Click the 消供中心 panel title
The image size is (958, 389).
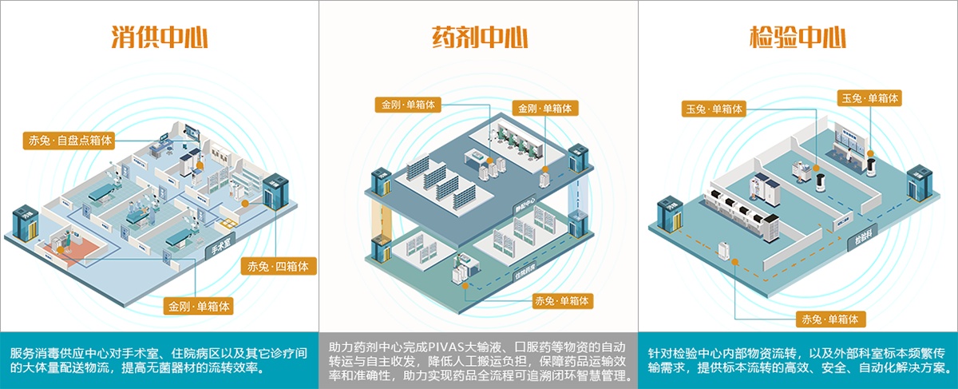[160, 38]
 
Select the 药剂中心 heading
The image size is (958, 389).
[478, 38]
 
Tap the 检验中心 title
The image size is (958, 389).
[798, 38]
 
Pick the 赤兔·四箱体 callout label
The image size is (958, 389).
[279, 266]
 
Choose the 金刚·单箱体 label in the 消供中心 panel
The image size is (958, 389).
[199, 305]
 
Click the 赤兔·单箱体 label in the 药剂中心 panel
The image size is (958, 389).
[562, 301]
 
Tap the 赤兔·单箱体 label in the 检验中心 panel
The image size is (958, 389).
[830, 319]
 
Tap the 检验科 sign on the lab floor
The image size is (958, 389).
[863, 237]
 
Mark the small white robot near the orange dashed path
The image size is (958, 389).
[726, 250]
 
